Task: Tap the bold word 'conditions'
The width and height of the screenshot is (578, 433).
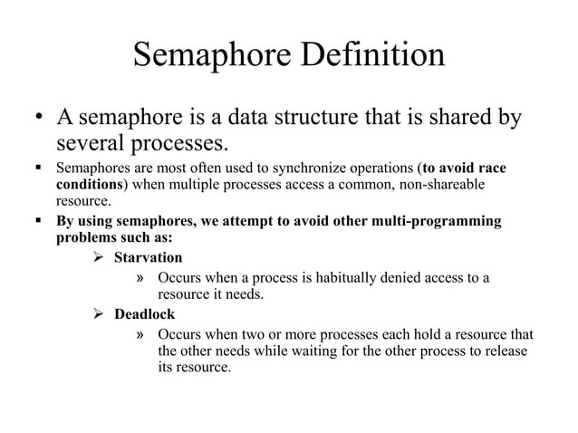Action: (89, 185)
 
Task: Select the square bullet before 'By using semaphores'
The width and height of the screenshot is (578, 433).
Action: (37, 223)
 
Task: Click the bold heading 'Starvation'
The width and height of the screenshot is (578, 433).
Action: (148, 258)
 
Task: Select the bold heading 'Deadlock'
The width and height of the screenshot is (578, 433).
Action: (144, 314)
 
